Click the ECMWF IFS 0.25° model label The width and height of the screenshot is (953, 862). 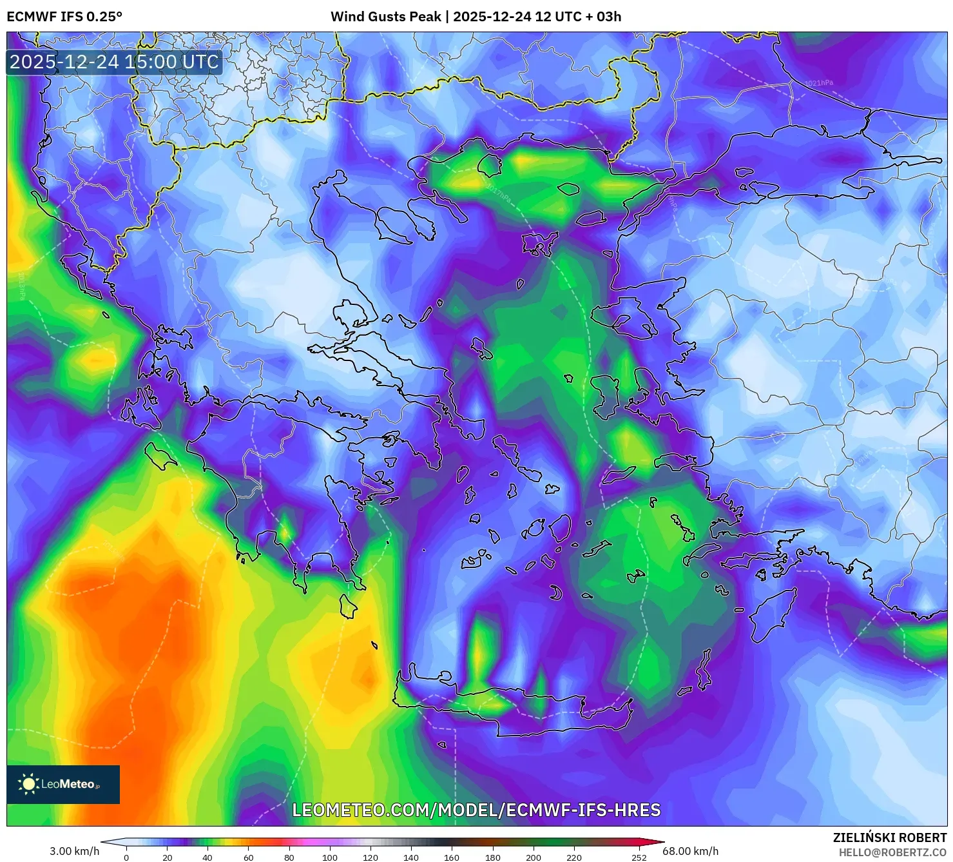click(64, 17)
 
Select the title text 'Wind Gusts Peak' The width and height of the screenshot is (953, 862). click(386, 17)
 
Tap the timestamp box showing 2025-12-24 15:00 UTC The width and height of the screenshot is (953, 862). click(114, 63)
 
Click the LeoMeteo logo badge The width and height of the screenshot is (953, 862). click(63, 784)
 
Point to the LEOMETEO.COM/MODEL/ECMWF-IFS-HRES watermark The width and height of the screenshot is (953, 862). click(476, 810)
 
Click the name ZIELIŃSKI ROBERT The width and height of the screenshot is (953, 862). click(889, 838)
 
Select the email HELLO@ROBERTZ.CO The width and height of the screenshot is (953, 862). click(892, 852)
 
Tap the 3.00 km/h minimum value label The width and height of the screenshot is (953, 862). click(74, 851)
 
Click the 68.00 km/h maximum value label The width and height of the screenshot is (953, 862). click(690, 851)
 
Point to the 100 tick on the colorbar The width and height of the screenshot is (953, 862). click(329, 857)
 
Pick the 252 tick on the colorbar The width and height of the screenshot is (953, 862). click(639, 857)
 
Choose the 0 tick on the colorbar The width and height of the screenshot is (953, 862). click(126, 857)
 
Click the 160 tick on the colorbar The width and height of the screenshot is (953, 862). click(452, 857)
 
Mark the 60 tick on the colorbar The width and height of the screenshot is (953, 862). click(248, 857)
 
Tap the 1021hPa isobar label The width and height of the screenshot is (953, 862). click(819, 83)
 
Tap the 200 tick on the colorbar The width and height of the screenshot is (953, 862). click(533, 857)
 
